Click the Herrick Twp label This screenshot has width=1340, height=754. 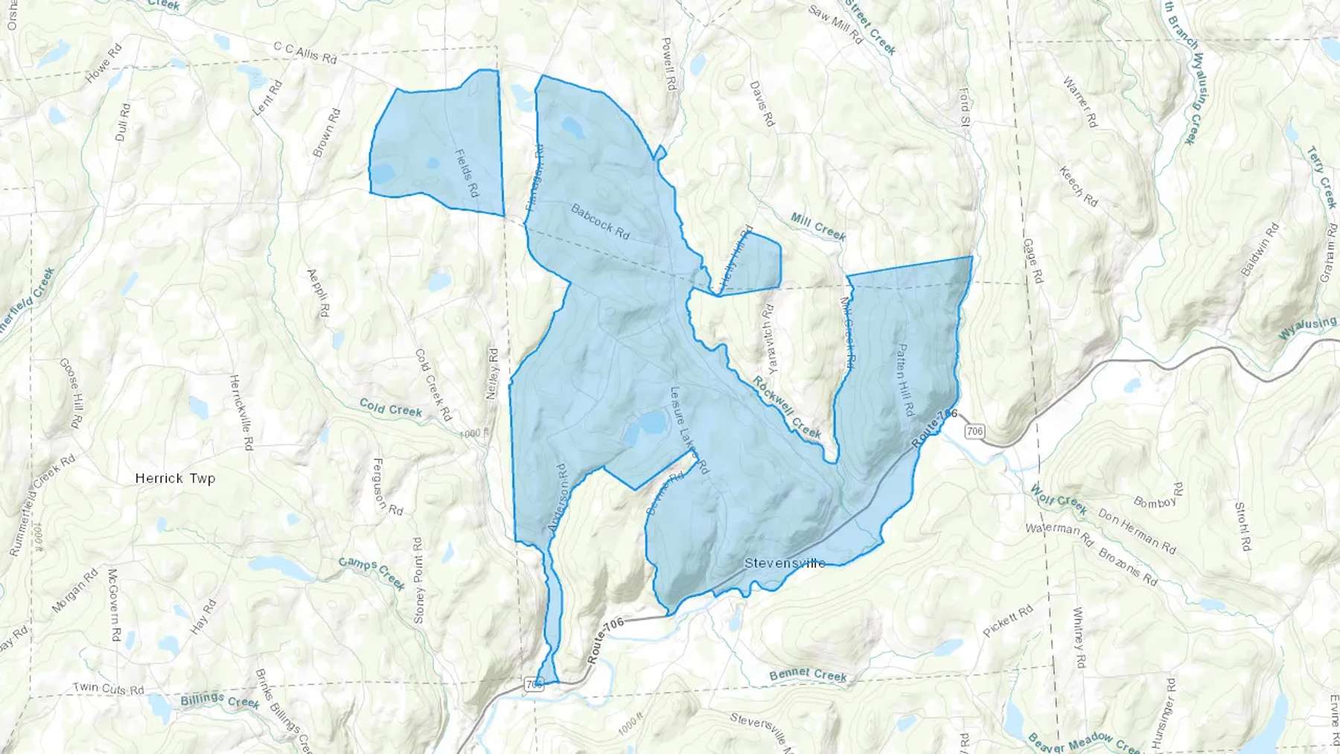(175, 479)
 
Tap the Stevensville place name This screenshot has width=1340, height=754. (785, 563)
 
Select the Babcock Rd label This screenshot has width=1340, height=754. (600, 222)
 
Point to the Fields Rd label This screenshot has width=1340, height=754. (466, 173)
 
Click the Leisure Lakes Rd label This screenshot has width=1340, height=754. (689, 431)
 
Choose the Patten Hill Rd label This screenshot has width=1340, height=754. (904, 380)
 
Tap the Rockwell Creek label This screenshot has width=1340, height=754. (787, 407)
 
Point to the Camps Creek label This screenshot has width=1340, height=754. (371, 572)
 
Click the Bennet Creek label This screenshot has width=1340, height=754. (808, 675)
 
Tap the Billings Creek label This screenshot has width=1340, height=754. (220, 700)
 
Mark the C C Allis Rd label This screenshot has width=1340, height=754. (305, 52)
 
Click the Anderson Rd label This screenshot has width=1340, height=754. (558, 498)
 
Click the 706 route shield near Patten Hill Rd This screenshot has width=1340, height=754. (974, 431)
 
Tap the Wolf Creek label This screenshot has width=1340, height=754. (1059, 499)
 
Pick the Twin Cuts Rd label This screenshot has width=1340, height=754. (109, 689)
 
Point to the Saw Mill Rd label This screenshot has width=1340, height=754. (835, 25)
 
